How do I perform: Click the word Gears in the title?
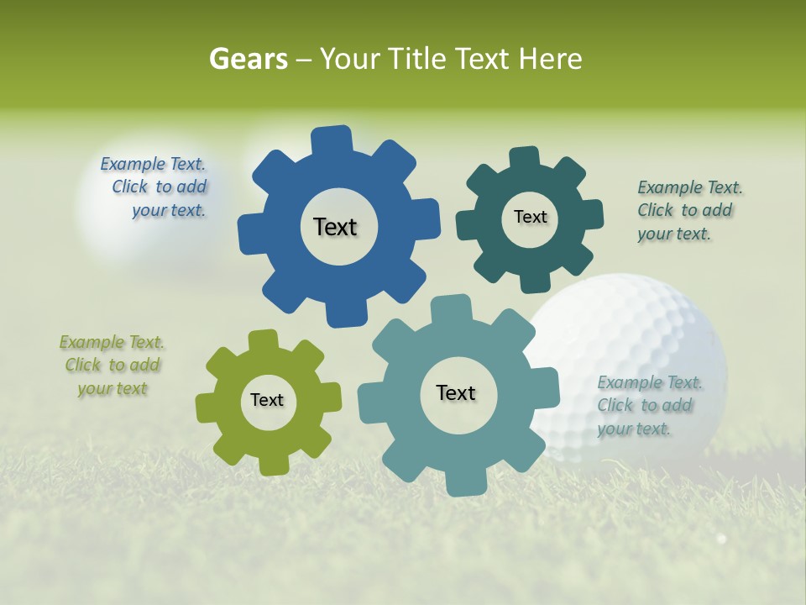(248, 59)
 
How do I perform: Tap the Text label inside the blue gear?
(335, 227)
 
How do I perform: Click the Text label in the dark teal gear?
(530, 217)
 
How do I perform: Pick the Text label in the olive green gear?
(267, 400)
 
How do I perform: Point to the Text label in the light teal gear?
(456, 392)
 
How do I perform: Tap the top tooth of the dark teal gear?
(524, 158)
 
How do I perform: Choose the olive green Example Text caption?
(113, 365)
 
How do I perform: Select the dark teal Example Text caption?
(686, 210)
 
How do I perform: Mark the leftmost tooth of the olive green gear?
(206, 408)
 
